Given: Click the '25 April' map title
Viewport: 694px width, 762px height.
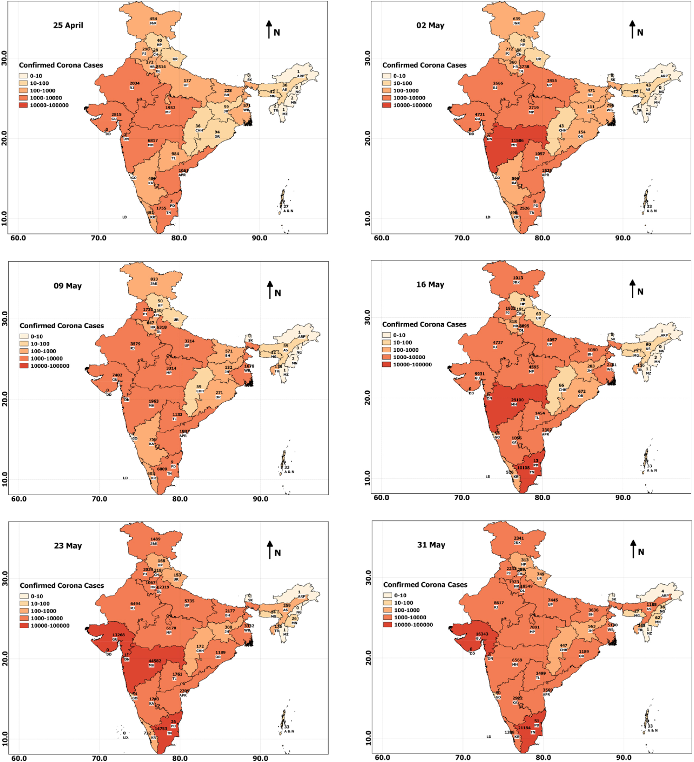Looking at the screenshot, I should (x=68, y=25).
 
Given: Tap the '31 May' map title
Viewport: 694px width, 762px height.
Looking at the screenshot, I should (x=431, y=545).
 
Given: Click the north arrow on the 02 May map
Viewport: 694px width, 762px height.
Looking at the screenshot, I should (x=632, y=29).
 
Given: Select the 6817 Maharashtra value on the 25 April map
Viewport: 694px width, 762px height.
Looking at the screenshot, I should (x=152, y=141).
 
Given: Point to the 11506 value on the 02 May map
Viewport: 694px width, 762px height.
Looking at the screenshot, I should (x=517, y=141).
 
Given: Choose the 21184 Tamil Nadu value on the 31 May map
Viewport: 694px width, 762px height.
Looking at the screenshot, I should (x=524, y=728).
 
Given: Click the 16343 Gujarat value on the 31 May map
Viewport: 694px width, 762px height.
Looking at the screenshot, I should (x=482, y=634).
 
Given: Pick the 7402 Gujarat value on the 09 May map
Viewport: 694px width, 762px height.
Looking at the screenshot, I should (x=117, y=375).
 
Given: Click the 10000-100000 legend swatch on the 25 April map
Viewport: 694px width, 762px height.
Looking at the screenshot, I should (x=23, y=105).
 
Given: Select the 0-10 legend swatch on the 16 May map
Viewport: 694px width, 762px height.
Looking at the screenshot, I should (x=386, y=335).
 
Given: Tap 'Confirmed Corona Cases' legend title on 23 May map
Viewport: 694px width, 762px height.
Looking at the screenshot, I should (x=62, y=586).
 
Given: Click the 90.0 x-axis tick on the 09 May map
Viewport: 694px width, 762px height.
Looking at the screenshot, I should (x=260, y=499).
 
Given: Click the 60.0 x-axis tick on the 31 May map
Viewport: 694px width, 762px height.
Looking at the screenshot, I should (x=382, y=757).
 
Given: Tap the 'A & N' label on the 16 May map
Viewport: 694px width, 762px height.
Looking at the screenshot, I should (x=652, y=470).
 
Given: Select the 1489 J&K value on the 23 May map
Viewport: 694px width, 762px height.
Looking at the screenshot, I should (x=155, y=539).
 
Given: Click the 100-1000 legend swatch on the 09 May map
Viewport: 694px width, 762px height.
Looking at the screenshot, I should (x=24, y=351).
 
